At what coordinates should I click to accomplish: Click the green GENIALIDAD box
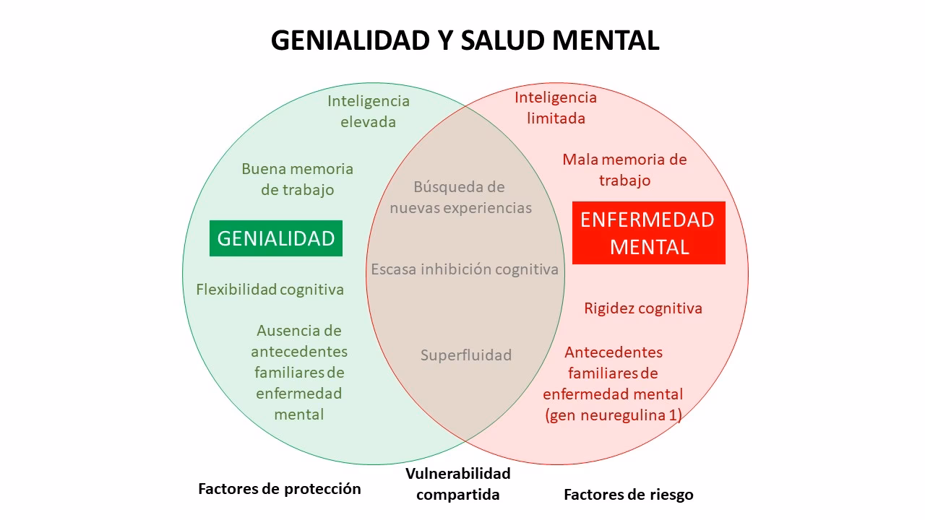(x=276, y=238)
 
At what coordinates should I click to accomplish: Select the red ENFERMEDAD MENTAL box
(x=648, y=233)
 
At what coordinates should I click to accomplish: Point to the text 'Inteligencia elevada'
(x=369, y=111)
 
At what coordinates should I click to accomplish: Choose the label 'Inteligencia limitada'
(x=556, y=108)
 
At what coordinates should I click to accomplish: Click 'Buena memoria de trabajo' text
(x=298, y=179)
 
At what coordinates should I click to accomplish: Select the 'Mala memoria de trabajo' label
(x=624, y=170)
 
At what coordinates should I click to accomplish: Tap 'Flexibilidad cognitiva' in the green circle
(x=270, y=290)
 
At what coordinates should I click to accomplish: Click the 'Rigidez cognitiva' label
(x=643, y=308)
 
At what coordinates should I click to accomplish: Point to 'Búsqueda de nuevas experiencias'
(x=460, y=197)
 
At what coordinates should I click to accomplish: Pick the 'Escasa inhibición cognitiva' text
(x=465, y=269)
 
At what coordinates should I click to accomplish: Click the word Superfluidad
(x=466, y=355)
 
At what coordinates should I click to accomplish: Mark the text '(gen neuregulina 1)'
(x=614, y=415)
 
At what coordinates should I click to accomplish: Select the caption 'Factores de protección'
(x=280, y=489)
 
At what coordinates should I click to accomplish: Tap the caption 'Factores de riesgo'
(x=628, y=495)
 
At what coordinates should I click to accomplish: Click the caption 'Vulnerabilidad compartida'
(x=458, y=484)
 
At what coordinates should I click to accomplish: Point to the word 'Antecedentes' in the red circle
(x=614, y=352)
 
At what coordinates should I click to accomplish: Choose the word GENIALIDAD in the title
(x=350, y=40)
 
